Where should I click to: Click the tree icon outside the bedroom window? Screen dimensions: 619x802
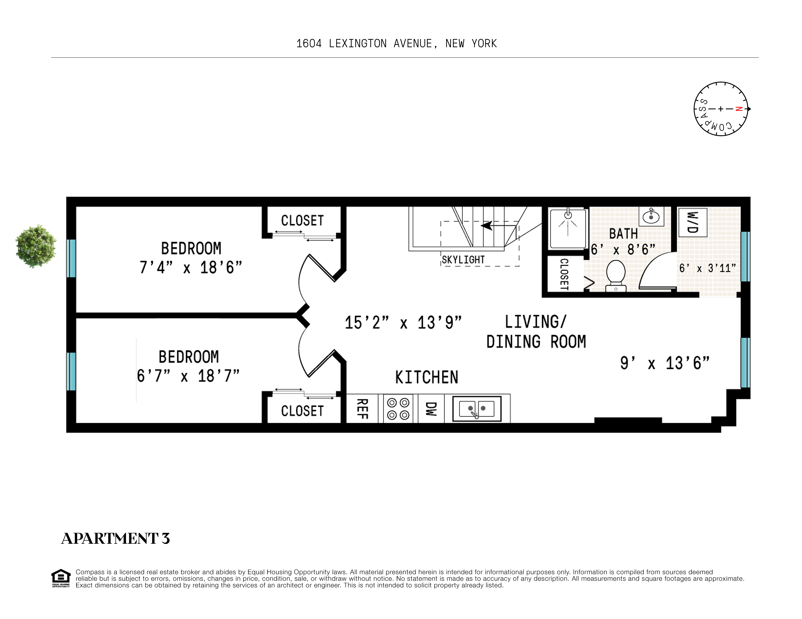point(36,246)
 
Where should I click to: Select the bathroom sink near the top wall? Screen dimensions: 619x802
point(651,217)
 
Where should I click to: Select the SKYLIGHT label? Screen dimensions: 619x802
point(463,260)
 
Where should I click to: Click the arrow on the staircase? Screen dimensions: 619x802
point(487,226)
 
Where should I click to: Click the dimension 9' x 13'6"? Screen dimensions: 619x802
point(665,363)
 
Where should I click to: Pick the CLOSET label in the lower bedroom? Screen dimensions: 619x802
point(302,411)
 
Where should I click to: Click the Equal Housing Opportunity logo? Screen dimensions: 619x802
point(61,578)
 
